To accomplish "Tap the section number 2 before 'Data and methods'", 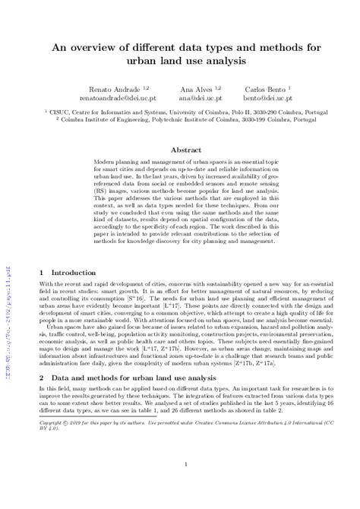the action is click(40, 419).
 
